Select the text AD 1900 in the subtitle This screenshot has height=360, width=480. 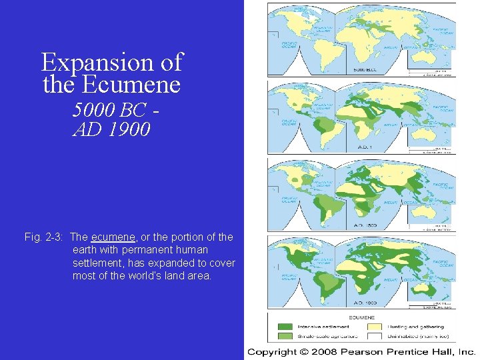click(111, 129)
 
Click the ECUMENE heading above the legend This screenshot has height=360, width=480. click(362, 318)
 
